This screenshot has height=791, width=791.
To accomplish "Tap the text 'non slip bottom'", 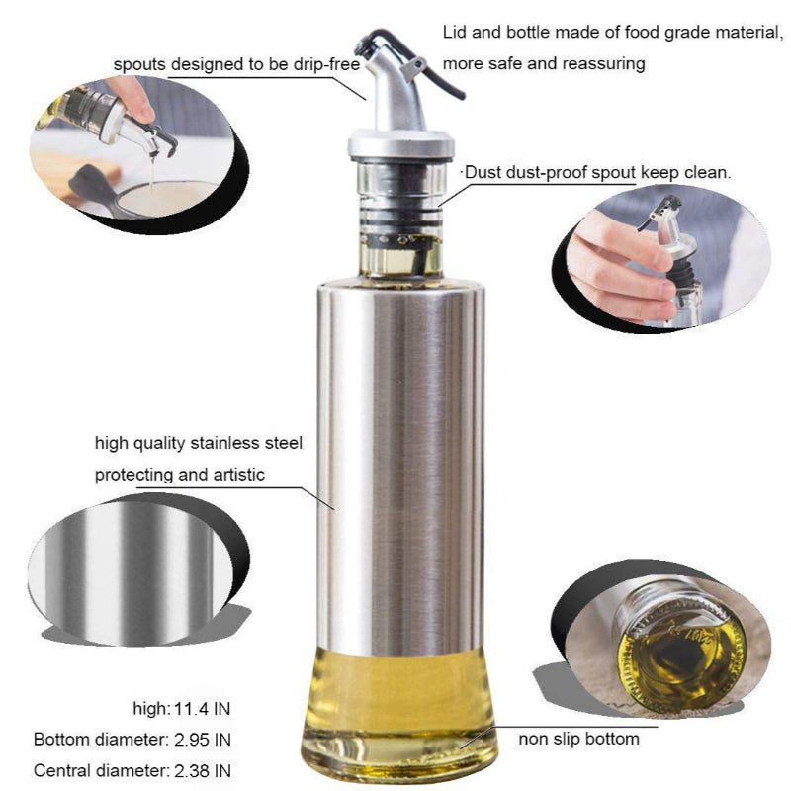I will (x=578, y=739).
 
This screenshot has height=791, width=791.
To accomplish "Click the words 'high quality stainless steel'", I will (x=199, y=442).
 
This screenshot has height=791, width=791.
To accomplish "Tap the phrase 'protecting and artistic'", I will (x=180, y=475).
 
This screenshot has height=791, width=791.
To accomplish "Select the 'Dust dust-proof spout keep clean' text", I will (x=596, y=172).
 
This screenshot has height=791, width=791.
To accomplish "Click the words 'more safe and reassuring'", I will (x=544, y=64).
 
